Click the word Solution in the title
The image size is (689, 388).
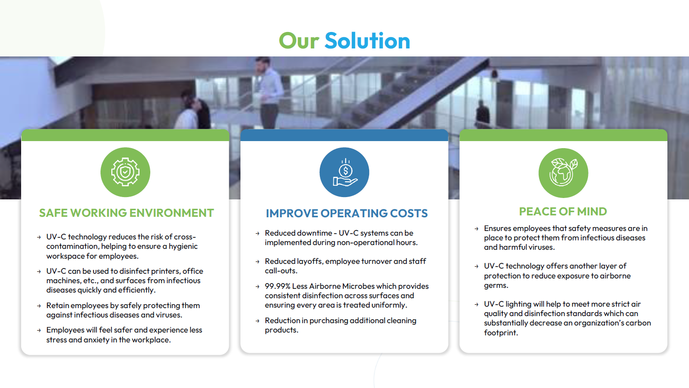pyautogui.click(x=367, y=40)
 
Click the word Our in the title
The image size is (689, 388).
pyautogui.click(x=299, y=40)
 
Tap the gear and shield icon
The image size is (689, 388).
pyautogui.click(x=125, y=172)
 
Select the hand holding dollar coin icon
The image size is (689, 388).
pyautogui.click(x=345, y=173)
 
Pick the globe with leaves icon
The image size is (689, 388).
pyautogui.click(x=563, y=173)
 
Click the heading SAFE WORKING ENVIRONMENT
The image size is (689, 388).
pyautogui.click(x=126, y=213)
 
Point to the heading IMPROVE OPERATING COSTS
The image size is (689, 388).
pyautogui.click(x=347, y=213)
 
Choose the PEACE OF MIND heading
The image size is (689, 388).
pyautogui.click(x=563, y=212)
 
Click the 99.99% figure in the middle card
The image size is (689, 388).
pyautogui.click(x=278, y=286)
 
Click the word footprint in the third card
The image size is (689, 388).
pyautogui.click(x=501, y=333)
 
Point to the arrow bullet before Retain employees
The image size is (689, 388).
pyautogui.click(x=39, y=306)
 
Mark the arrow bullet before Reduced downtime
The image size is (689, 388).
pyautogui.click(x=257, y=233)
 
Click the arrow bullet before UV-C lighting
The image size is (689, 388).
pyautogui.click(x=476, y=304)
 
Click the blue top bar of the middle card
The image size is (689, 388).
pyautogui.click(x=344, y=135)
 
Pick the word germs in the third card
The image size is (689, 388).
pyautogui.click(x=496, y=285)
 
